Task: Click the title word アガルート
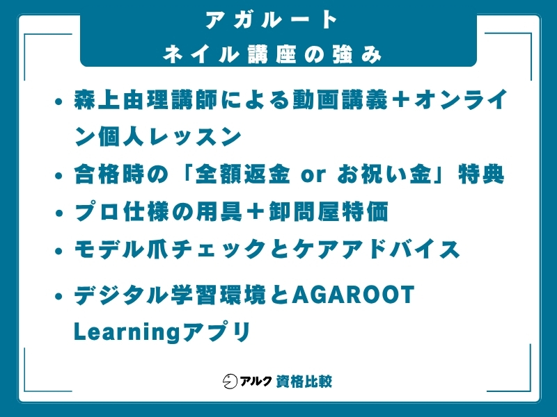(272, 20)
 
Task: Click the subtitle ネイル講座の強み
(272, 54)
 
